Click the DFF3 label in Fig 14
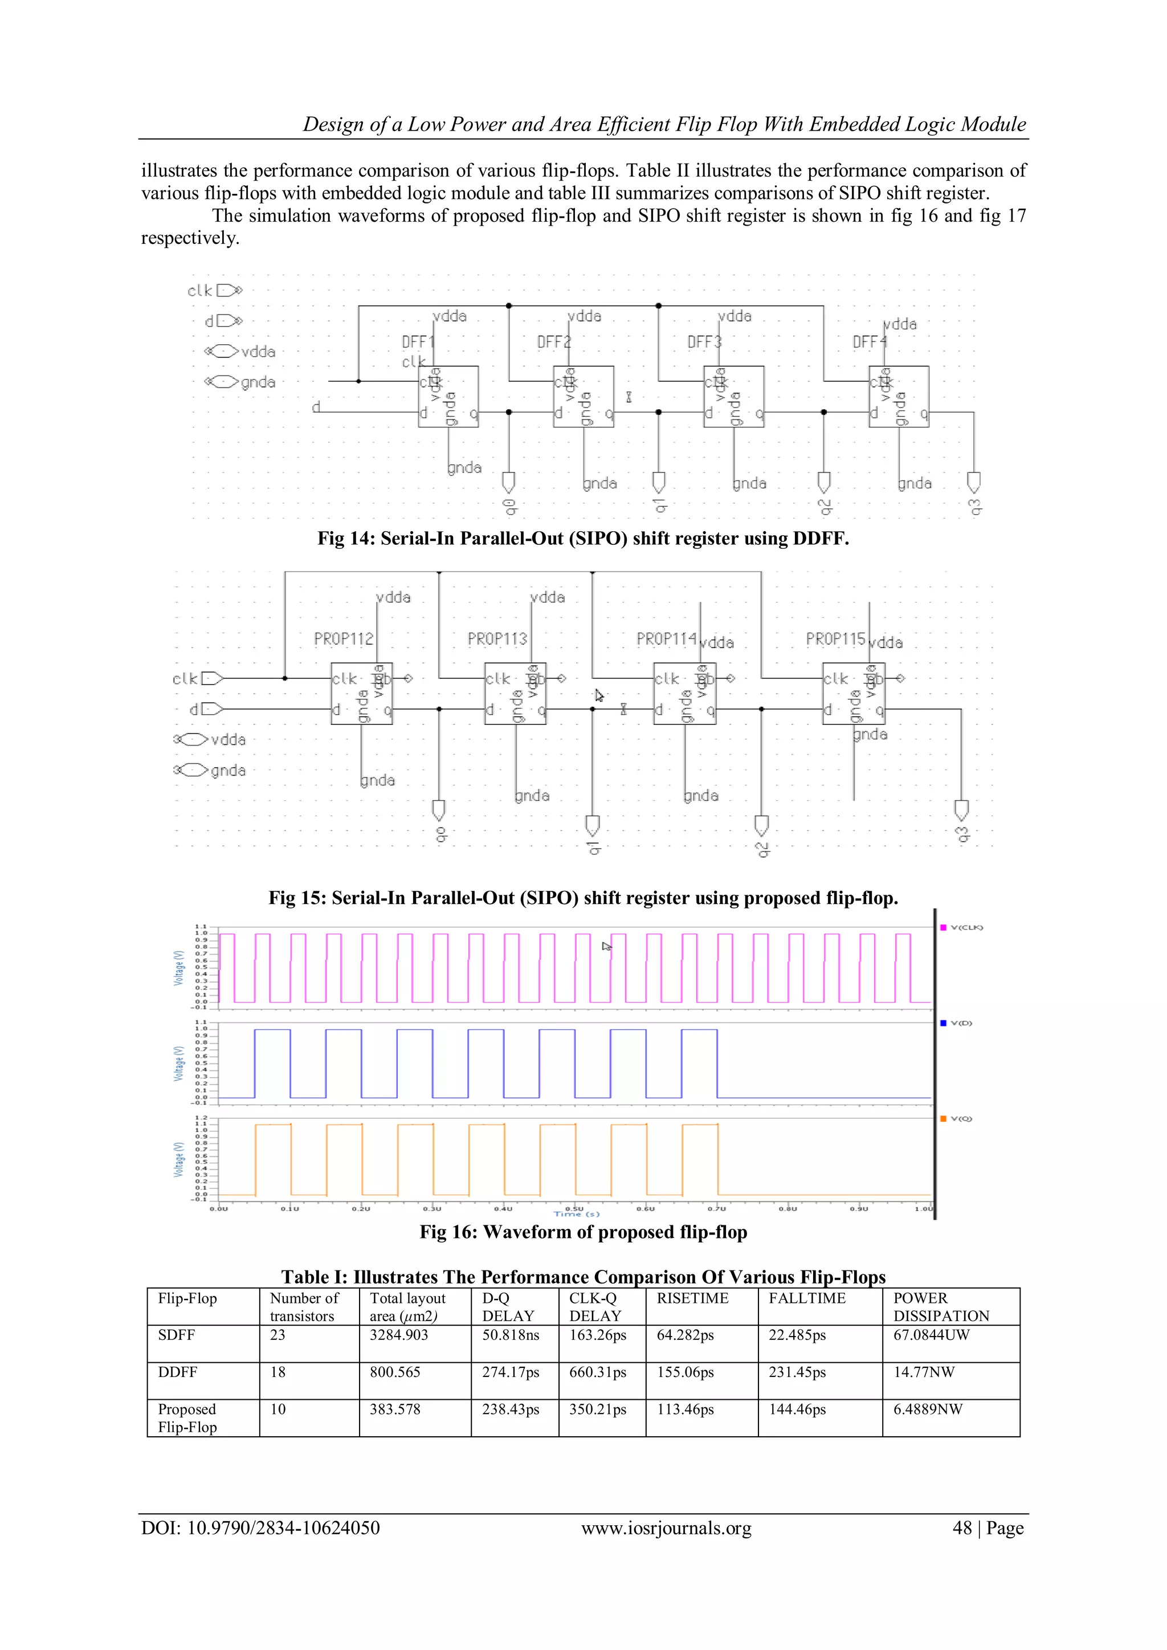pos(704,342)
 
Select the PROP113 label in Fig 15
pos(497,639)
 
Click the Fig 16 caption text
pos(583,1232)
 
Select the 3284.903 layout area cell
pos(398,1335)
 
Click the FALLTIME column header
pos(806,1298)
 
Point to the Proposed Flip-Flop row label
pos(187,1418)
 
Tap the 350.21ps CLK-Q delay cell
pos(597,1409)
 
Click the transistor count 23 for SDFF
pos(278,1335)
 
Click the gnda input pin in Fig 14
pos(225,382)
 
